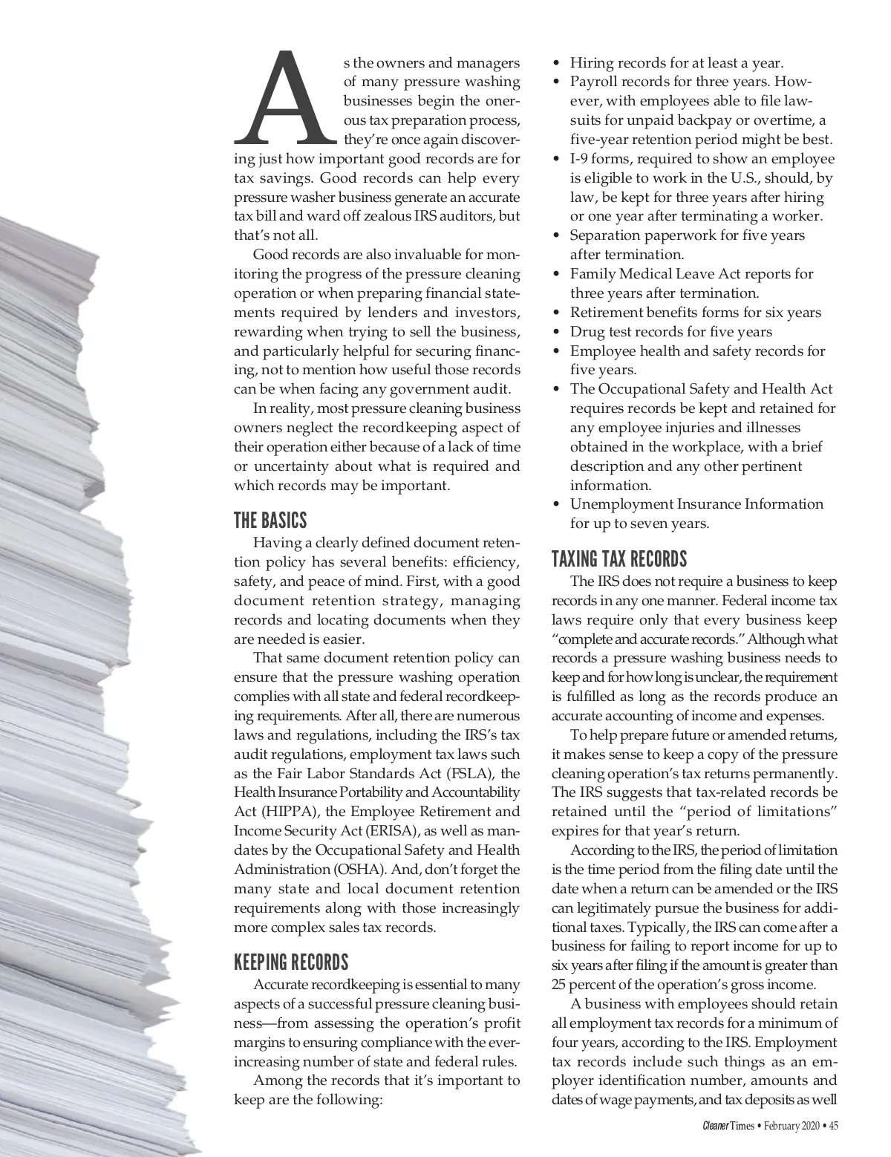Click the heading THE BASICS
coord(270,519)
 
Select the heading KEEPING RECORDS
coord(291,962)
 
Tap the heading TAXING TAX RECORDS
coord(619,558)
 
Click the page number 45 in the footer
coord(833,1127)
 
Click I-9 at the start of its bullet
coord(580,159)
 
